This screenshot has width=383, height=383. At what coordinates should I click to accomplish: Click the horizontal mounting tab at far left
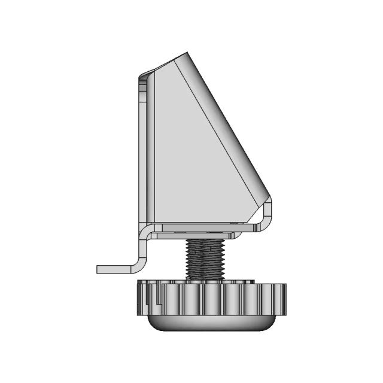[117, 269]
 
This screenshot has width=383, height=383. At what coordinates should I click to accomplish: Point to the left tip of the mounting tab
[98, 269]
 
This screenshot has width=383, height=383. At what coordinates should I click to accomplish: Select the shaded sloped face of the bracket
[221, 120]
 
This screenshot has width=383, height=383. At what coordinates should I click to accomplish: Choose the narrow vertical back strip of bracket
[144, 150]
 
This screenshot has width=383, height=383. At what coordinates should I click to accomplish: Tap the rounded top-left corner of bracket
[142, 76]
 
